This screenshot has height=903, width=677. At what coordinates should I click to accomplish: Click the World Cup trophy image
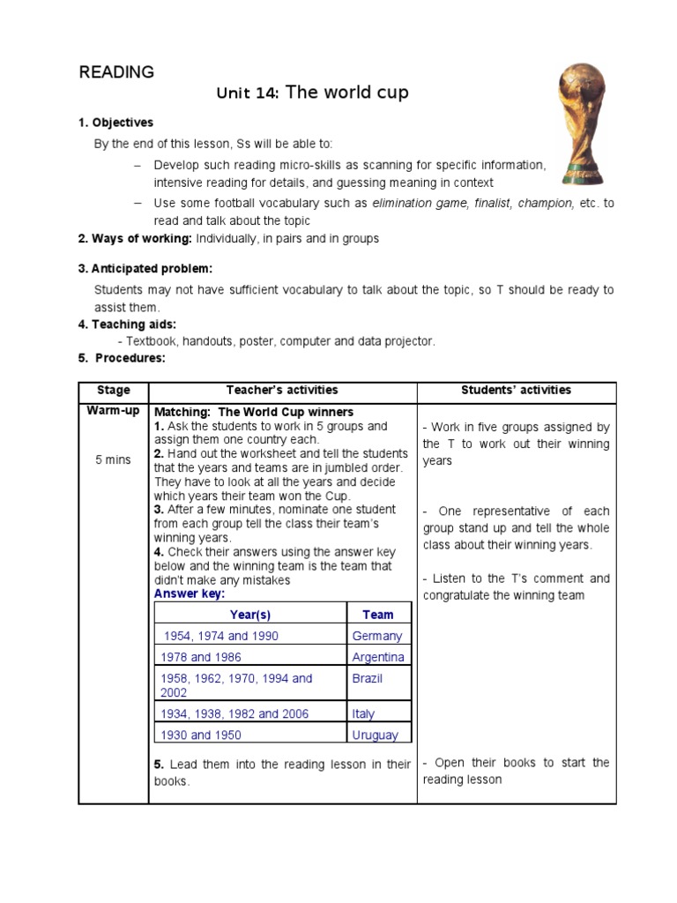[583, 124]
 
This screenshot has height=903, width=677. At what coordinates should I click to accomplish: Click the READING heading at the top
[116, 72]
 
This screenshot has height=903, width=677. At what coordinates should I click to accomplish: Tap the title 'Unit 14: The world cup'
[313, 93]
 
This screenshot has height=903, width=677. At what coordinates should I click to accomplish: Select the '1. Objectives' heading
[115, 123]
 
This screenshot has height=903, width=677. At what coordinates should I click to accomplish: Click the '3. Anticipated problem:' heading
[145, 268]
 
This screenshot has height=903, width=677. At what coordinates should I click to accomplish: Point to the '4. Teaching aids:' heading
[127, 325]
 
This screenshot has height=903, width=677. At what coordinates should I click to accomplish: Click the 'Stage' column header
[113, 390]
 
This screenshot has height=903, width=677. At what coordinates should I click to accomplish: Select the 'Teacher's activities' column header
[282, 390]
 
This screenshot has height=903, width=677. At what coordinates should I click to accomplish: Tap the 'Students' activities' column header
[516, 390]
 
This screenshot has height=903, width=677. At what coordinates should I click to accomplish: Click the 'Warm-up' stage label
[113, 411]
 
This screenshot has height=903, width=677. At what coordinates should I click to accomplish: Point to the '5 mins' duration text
[113, 459]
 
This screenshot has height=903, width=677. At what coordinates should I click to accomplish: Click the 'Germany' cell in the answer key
[376, 636]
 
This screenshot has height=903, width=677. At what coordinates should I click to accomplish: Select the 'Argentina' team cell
[378, 657]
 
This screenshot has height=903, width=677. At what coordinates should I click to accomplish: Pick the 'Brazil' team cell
[368, 678]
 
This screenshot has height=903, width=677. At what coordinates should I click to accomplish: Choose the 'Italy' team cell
[363, 713]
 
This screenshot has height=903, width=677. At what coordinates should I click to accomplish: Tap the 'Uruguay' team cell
[375, 735]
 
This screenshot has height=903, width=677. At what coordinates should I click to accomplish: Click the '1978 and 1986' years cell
[201, 657]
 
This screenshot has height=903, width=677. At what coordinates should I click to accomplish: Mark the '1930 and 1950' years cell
[201, 735]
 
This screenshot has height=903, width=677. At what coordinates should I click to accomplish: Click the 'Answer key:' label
[190, 593]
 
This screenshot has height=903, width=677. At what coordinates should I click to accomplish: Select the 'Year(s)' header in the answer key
[249, 615]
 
